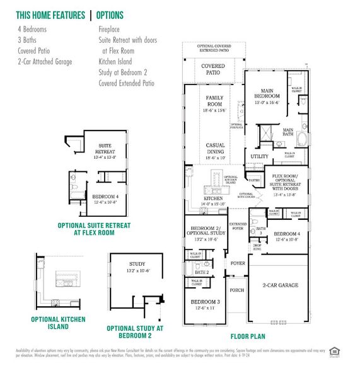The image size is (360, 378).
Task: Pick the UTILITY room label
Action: pos(259,156)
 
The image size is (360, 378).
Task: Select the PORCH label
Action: pos(237,290)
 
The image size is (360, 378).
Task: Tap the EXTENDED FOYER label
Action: pos(238,227)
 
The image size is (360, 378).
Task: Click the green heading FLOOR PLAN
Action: pos(247,336)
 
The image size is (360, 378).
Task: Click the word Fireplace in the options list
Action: pos(110,29)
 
